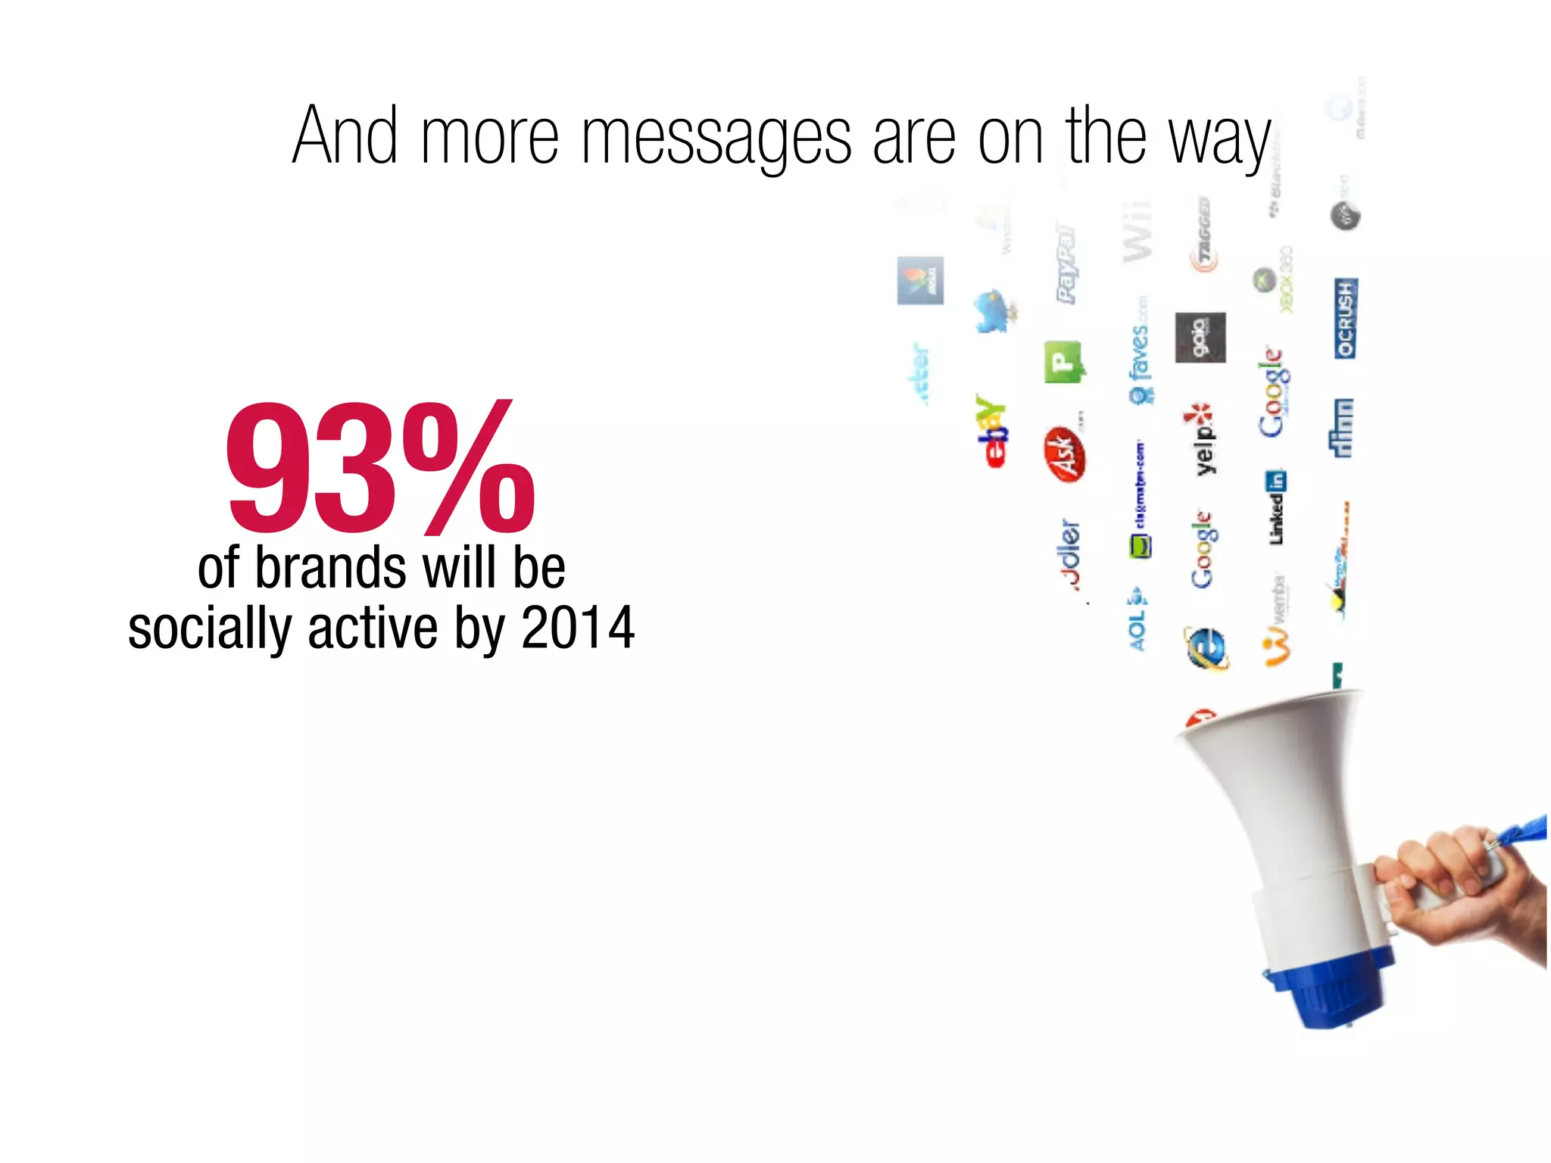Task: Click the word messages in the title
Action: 716,136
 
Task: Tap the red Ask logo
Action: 1065,454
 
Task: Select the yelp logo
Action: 1200,439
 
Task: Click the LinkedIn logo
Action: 1276,507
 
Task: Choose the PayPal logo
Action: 1066,262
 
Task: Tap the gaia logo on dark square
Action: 1200,337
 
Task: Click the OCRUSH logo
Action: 1345,318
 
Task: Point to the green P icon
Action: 1063,362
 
